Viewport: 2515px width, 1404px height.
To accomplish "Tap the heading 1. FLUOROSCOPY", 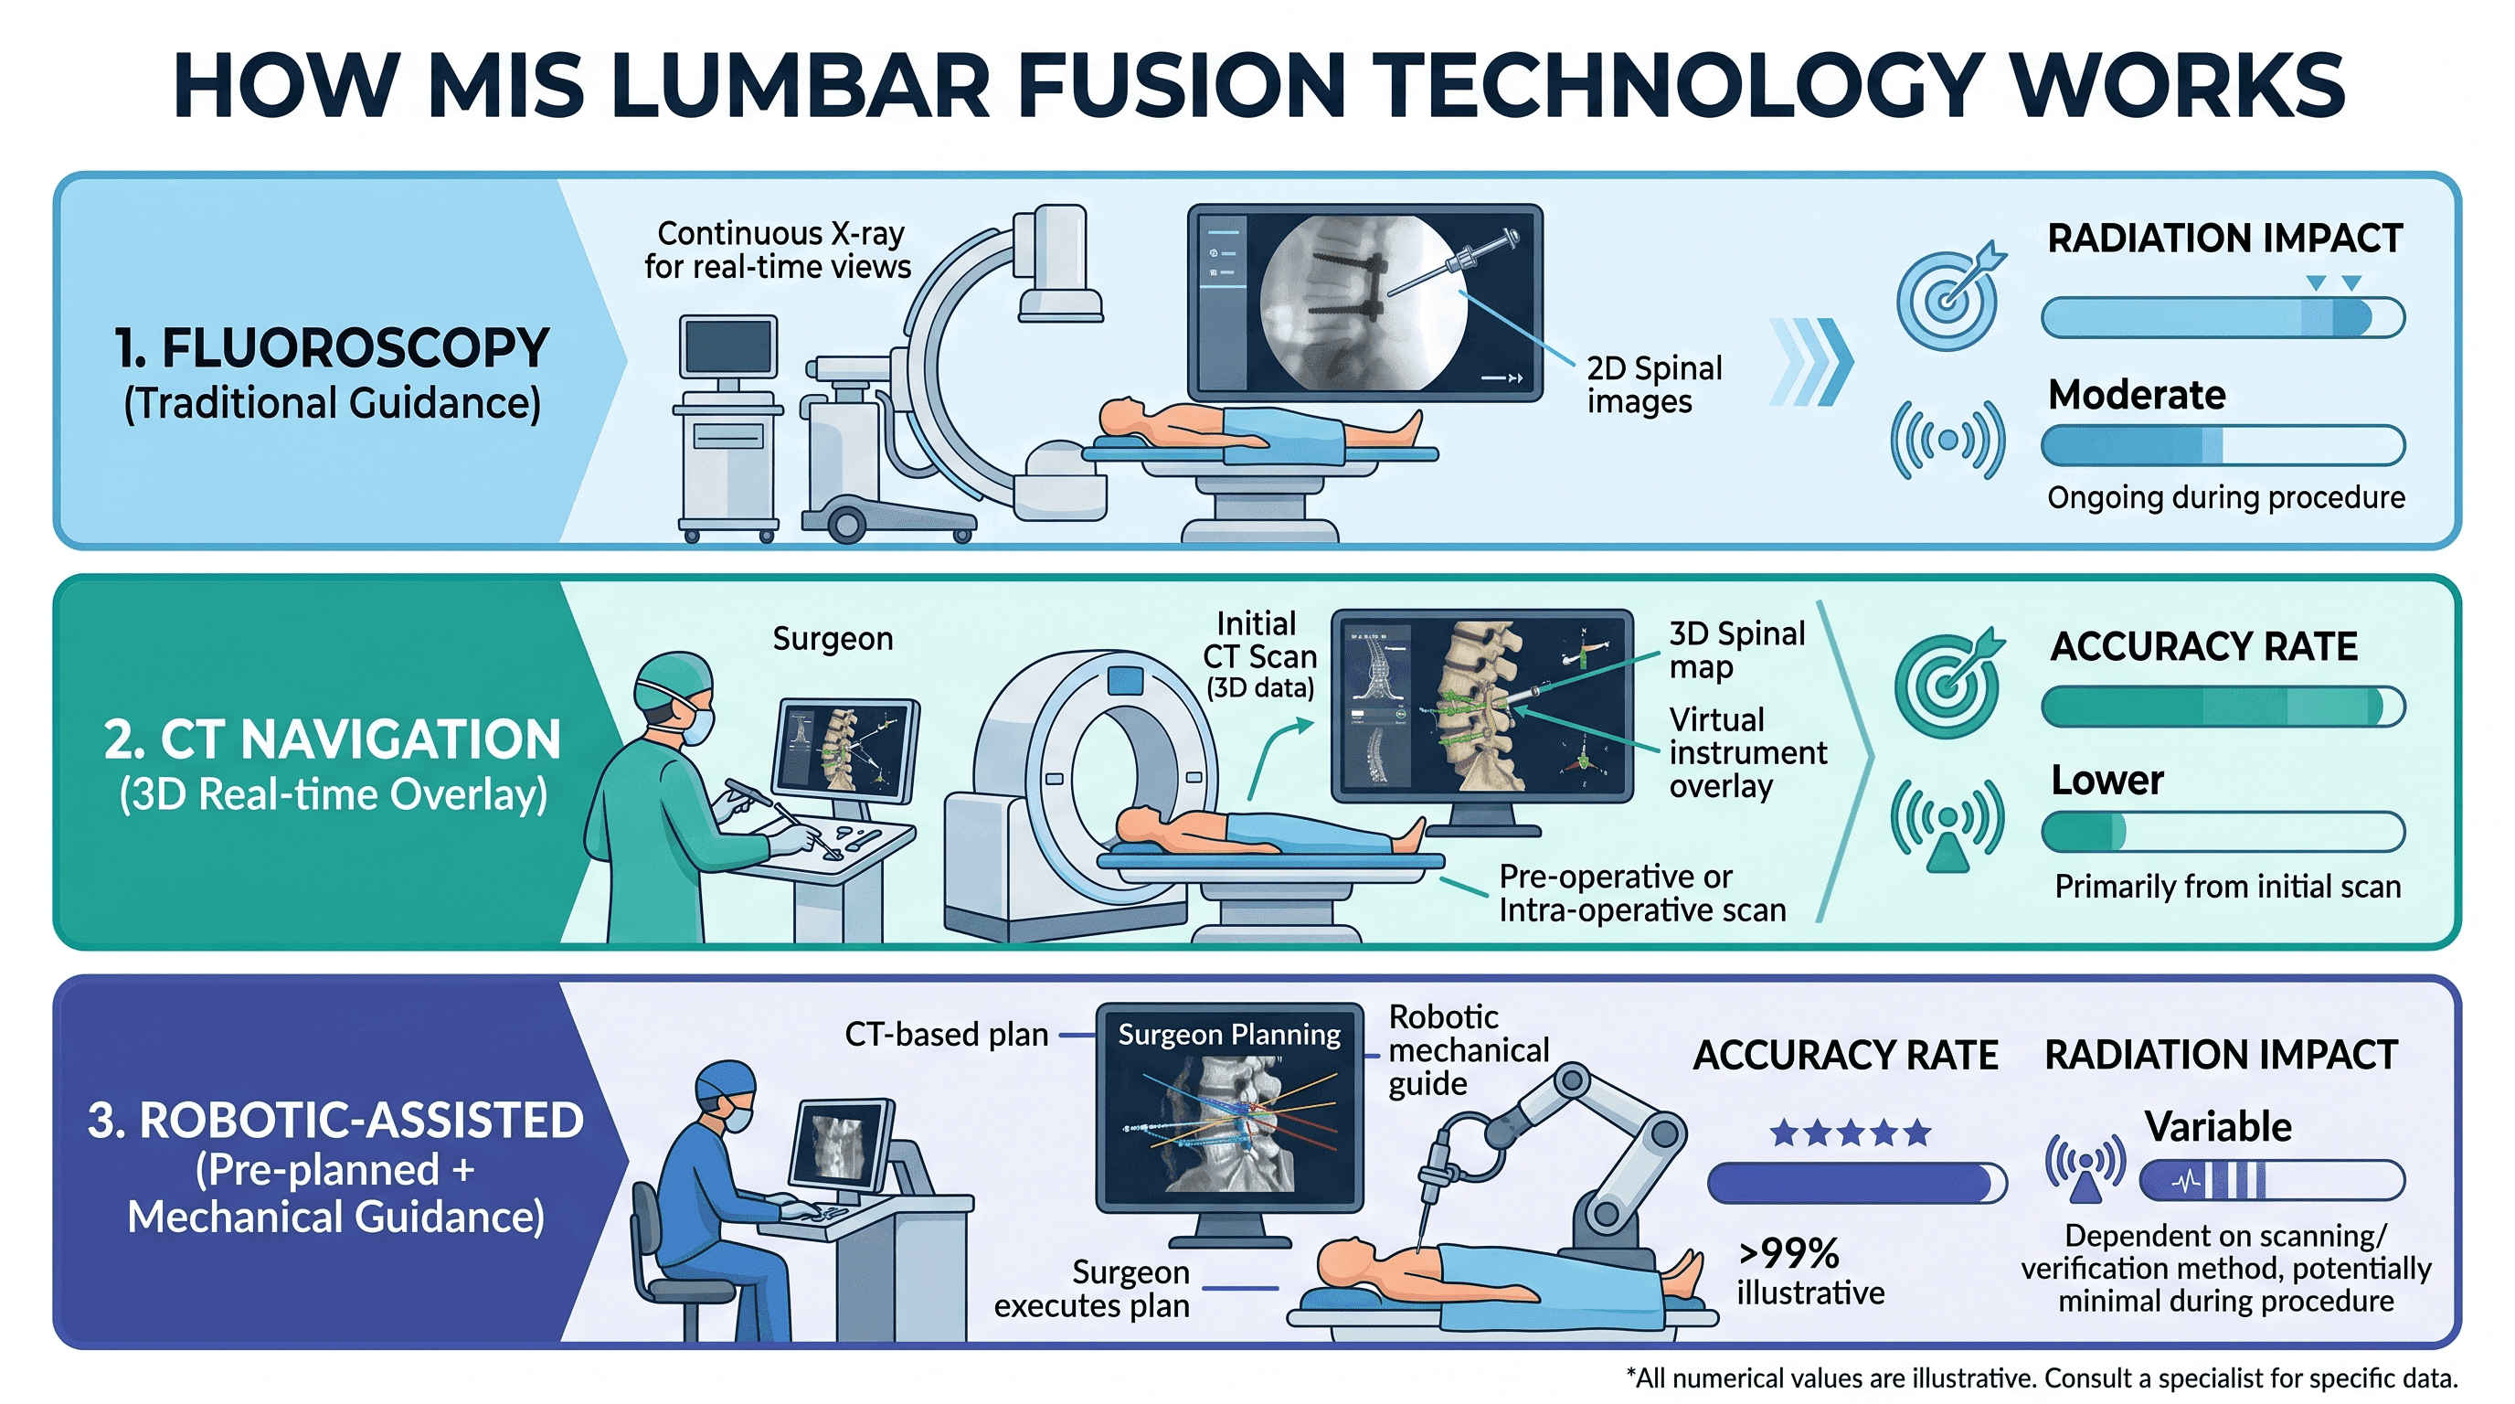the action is point(332,348).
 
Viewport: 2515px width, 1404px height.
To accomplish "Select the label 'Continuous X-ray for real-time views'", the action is point(778,250).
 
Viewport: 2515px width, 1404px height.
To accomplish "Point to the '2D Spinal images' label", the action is point(1654,385).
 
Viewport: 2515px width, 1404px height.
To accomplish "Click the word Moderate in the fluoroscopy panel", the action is point(2136,395).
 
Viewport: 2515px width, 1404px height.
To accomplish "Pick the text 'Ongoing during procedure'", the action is point(2226,498).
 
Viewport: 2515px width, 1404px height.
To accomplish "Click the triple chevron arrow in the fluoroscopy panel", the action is point(1812,361).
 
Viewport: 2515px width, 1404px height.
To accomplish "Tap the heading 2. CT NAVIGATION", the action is point(332,739).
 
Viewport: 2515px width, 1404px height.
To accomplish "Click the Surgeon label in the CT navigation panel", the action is point(833,639).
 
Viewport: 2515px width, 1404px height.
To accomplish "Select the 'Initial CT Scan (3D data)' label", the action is point(1259,655).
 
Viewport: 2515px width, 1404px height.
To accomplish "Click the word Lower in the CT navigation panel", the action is point(2106,780).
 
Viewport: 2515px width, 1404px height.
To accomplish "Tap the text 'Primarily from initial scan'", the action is point(2227,887).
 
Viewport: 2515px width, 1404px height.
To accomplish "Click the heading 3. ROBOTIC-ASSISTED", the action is point(334,1120).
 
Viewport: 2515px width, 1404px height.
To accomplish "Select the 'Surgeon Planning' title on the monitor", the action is point(1229,1034).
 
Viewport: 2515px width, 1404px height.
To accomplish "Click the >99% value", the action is point(1788,1252).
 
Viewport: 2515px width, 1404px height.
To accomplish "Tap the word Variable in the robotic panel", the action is point(2217,1127).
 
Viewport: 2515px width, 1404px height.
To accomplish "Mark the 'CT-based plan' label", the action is point(946,1034).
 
